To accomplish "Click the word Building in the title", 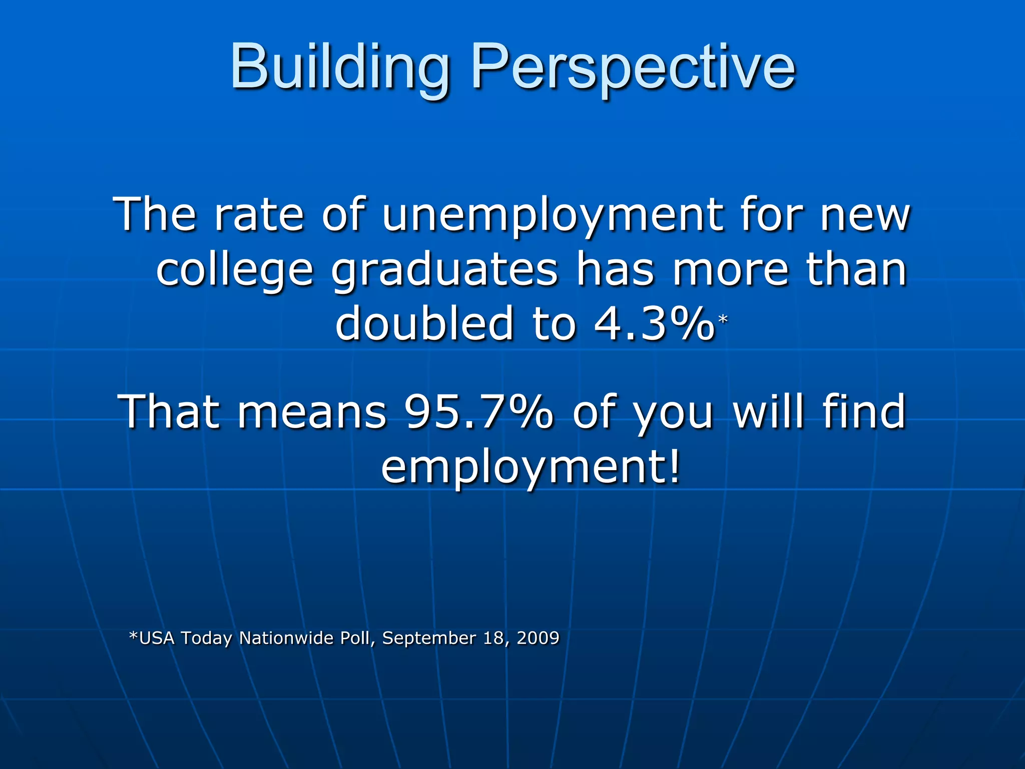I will click(340, 68).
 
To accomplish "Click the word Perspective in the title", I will click(633, 68).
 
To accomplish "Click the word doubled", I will click(424, 324).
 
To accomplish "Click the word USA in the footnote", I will click(157, 638).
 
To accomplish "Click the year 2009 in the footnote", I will click(538, 638).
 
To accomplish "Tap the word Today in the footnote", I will click(206, 639).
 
